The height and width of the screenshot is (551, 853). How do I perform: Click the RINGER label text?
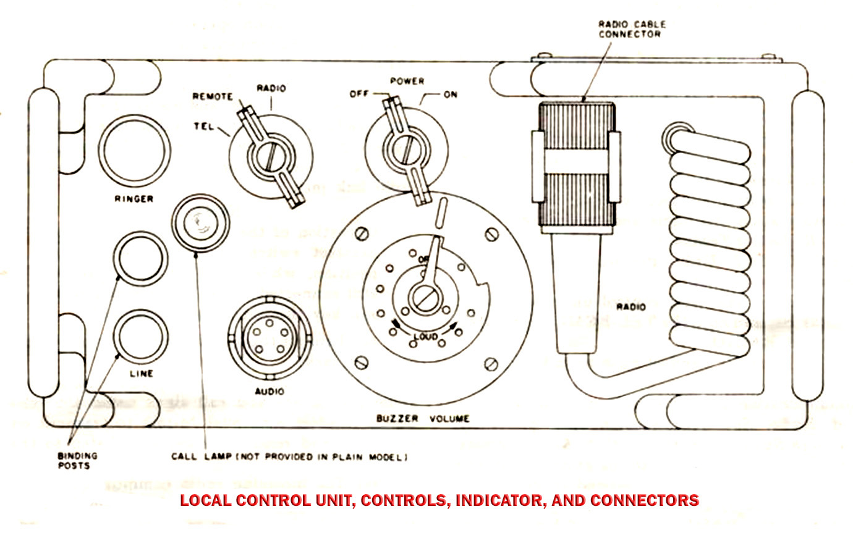pos(134,199)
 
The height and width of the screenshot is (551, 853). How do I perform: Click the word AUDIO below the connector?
pos(269,392)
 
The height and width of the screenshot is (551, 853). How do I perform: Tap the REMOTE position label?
pos(213,96)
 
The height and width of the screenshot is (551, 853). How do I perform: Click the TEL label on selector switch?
pos(203,127)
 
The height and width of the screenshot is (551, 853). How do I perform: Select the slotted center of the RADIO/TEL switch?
pos(270,154)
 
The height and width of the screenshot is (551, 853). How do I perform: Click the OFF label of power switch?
pos(360,94)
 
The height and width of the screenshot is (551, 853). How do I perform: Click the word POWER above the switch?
pos(407,81)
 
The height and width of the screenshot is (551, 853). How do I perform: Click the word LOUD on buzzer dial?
pos(425,336)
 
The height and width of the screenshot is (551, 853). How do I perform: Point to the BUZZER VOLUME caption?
pos(423,418)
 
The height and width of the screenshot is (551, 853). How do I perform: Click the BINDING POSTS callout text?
pos(78,460)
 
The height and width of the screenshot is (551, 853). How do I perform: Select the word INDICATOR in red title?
pos(499,500)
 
